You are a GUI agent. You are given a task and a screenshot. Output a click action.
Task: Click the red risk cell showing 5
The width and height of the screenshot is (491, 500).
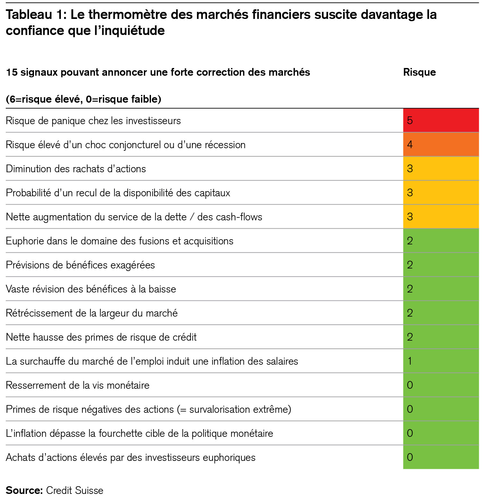tap(441, 121)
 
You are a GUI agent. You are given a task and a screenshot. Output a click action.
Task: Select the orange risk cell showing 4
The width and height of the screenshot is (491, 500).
tap(441, 145)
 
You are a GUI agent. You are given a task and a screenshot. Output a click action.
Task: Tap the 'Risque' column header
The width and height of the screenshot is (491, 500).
tap(419, 72)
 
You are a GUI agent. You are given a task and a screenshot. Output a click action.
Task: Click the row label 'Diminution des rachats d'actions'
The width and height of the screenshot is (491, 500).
tap(76, 169)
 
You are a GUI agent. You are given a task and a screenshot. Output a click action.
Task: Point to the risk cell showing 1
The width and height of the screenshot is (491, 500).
tap(441, 361)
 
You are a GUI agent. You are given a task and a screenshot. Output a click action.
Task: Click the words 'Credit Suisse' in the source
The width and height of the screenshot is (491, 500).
tap(74, 490)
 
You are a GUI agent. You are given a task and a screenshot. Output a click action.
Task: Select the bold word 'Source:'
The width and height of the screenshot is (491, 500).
tap(24, 490)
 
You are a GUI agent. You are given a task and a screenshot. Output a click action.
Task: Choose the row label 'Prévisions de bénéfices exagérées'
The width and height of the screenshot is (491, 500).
tap(80, 265)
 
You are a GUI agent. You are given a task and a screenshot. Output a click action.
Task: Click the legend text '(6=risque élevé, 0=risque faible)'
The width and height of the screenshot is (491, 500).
tap(83, 99)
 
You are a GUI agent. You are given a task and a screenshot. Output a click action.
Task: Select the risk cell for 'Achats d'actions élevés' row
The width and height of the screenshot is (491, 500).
tap(441, 457)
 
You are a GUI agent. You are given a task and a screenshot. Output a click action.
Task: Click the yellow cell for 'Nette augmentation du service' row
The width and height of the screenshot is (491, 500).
tap(441, 217)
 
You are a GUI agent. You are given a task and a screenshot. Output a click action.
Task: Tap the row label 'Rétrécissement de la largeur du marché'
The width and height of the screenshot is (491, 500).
tap(92, 313)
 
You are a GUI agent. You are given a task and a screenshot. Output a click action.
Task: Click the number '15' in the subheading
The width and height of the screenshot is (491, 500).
tap(12, 72)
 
